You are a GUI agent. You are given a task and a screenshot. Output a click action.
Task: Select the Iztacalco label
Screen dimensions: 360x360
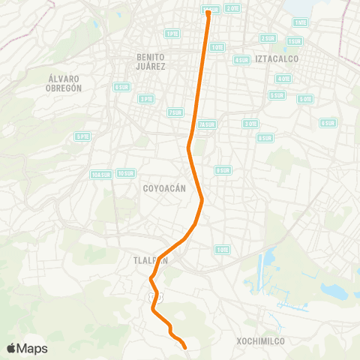pos(277,58)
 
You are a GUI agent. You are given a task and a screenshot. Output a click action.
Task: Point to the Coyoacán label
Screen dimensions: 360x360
pos(163,189)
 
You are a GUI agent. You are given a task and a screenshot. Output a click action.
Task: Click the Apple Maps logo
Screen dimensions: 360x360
pos(27,348)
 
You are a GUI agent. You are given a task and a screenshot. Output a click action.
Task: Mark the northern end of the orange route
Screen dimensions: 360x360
pos(208,12)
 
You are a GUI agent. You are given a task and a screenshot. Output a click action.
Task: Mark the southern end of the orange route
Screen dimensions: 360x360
pos(184,346)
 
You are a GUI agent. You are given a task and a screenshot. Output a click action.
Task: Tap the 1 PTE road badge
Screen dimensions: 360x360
pos(172,34)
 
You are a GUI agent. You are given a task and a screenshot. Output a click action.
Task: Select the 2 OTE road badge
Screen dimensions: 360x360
pos(232,7)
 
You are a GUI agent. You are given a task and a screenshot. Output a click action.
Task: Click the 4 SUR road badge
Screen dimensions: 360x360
pos(241,59)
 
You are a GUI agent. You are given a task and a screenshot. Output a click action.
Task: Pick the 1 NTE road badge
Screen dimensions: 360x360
pos(299,22)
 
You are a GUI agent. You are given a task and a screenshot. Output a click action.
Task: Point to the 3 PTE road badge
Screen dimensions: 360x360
pos(146,98)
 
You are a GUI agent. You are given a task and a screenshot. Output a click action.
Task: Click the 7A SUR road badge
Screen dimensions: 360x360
pos(208,124)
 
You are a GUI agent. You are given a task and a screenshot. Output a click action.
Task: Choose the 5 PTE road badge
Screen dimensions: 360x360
pos(82,136)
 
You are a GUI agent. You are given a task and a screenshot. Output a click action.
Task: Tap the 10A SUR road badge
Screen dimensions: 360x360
pos(100,175)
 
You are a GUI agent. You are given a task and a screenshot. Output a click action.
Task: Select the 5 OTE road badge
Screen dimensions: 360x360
pos(305,99)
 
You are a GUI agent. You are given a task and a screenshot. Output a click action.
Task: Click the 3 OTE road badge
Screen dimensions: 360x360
pos(250,123)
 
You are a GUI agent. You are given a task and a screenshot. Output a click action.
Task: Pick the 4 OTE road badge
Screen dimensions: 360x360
pos(283,79)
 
